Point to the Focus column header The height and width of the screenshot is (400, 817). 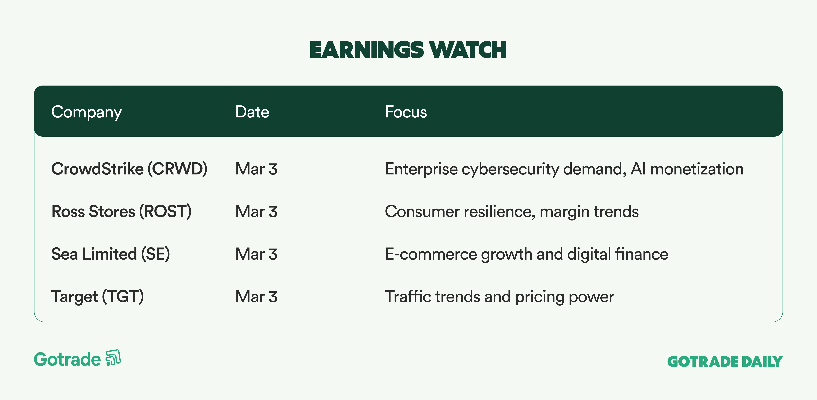406,112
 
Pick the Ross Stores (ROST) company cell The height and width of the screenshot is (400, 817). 121,211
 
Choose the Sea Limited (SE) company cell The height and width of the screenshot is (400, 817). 111,254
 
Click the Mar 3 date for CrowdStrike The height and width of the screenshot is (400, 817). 256,169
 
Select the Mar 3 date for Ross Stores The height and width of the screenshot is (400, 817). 256,211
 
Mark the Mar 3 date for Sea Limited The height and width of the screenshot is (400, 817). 256,254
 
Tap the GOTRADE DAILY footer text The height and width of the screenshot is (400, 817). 725,362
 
